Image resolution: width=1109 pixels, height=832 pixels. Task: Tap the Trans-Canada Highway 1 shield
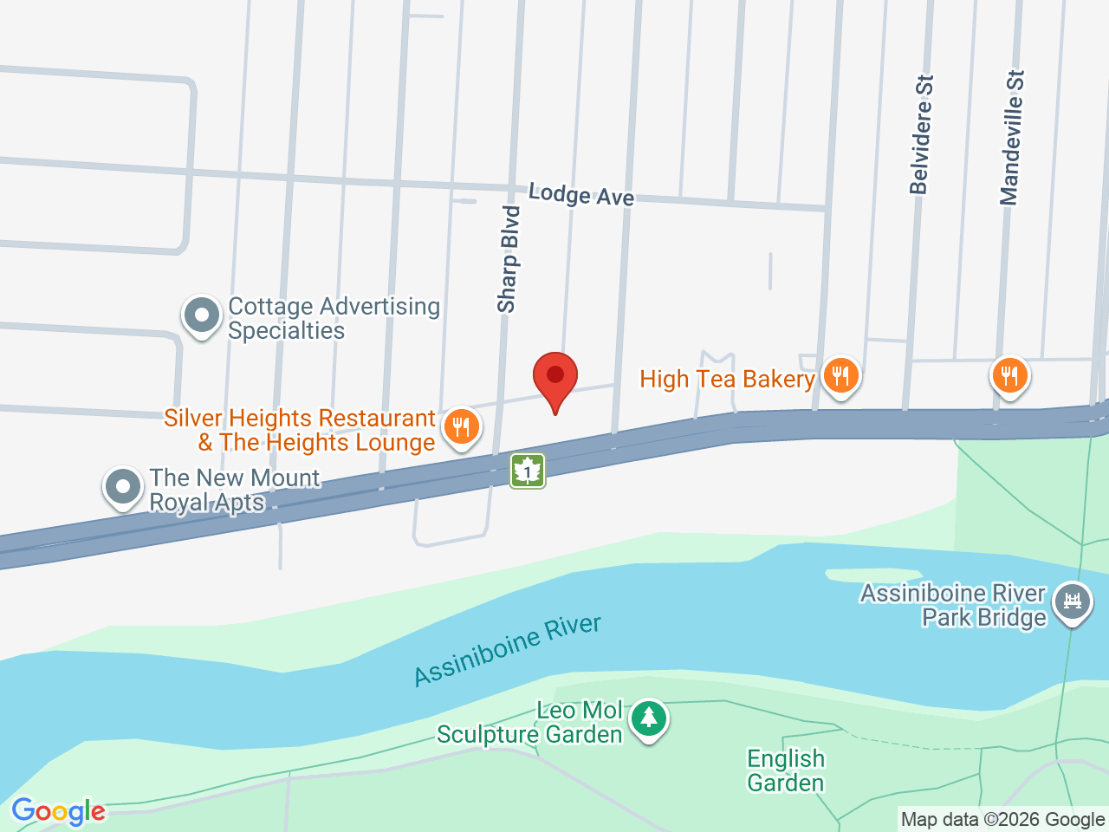527,471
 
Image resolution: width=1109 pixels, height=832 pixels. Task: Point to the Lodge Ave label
581,195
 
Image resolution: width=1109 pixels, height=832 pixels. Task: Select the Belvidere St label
922,134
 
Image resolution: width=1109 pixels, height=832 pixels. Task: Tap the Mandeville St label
1012,138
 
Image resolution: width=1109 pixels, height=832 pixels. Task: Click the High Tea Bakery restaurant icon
840,377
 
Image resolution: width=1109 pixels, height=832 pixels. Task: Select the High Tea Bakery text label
727,379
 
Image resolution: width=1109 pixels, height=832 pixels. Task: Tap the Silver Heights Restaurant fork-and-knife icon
462,427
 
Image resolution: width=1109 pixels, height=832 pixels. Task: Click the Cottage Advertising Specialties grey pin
202,316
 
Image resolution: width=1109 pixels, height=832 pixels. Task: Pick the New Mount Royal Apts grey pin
123,487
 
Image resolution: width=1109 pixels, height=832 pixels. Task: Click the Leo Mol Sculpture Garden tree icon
648,718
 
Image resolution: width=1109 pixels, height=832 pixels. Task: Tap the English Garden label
786,770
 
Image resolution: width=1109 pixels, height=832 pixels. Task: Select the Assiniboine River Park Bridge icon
1073,600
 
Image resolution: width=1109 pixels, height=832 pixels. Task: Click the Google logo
58,812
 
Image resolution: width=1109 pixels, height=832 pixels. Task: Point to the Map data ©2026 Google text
1002,819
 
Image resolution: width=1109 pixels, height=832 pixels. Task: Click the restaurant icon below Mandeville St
1009,376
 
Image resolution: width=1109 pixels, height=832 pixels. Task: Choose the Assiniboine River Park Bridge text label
953,605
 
